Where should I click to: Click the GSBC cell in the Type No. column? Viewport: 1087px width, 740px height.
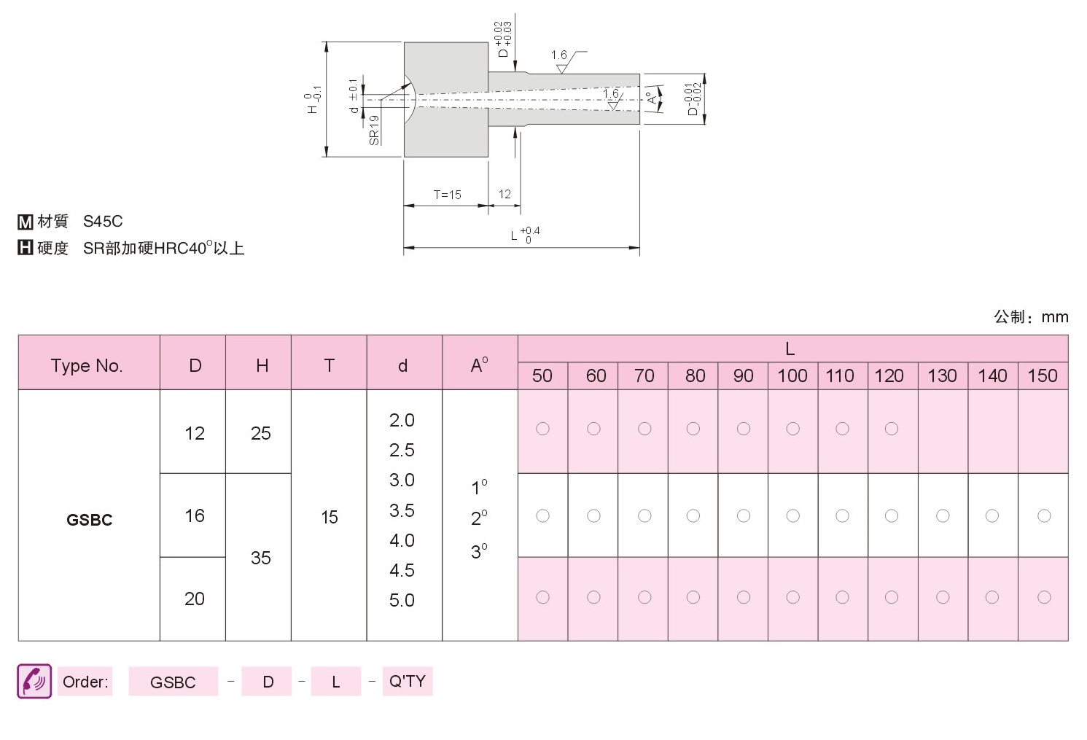(x=89, y=520)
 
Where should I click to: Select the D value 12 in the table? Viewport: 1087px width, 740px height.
(x=195, y=433)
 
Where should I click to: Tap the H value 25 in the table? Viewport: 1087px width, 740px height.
(x=260, y=433)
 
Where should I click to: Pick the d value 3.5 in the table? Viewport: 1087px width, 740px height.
(x=402, y=510)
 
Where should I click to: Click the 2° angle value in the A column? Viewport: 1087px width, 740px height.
(x=479, y=518)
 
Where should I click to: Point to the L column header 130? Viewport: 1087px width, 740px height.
(x=943, y=376)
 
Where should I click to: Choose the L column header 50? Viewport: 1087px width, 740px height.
(x=542, y=376)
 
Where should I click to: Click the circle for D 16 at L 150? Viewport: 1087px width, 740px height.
(x=1044, y=516)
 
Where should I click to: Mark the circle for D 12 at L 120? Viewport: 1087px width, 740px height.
(x=892, y=429)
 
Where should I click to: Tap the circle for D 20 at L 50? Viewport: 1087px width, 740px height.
(x=542, y=597)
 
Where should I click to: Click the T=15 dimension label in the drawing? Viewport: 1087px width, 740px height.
(x=447, y=195)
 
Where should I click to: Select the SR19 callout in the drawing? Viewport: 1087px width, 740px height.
(x=374, y=130)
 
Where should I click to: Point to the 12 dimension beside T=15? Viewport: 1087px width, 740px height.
(x=504, y=195)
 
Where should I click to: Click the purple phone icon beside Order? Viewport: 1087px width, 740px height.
(x=34, y=681)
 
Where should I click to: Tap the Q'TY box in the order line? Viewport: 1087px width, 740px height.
(x=408, y=681)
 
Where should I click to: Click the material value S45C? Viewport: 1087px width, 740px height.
(x=103, y=222)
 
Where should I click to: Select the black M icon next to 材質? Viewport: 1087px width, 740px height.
(x=26, y=222)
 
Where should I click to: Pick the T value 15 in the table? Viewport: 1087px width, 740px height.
(x=330, y=518)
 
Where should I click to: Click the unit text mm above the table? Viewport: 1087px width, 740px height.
(x=1055, y=317)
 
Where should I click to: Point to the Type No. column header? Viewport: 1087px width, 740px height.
(x=87, y=366)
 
